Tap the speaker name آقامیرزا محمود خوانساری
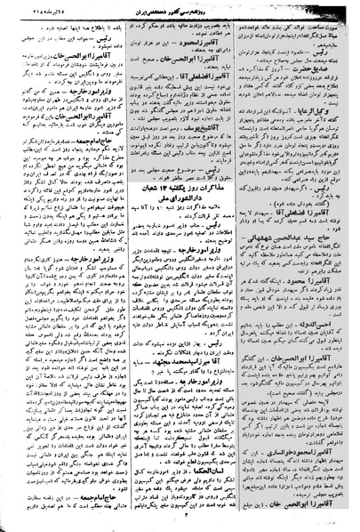point(308,463)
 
